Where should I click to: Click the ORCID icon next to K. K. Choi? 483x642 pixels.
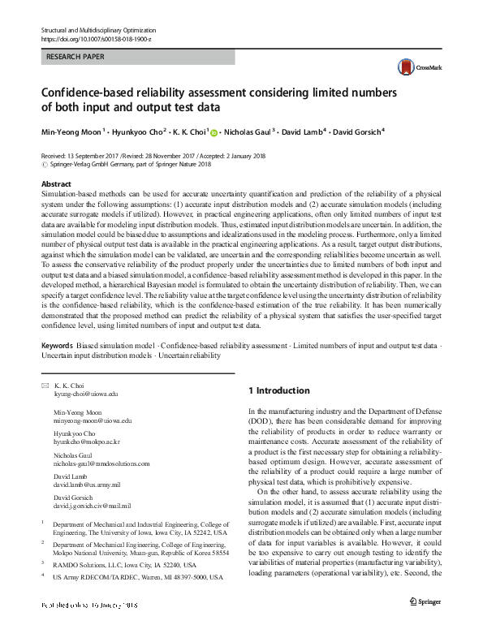pos(214,131)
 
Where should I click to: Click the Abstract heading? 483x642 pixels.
pos(56,184)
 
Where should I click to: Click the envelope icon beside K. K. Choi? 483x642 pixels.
pos(44,385)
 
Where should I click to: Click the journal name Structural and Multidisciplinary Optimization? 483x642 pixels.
pos(109,29)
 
